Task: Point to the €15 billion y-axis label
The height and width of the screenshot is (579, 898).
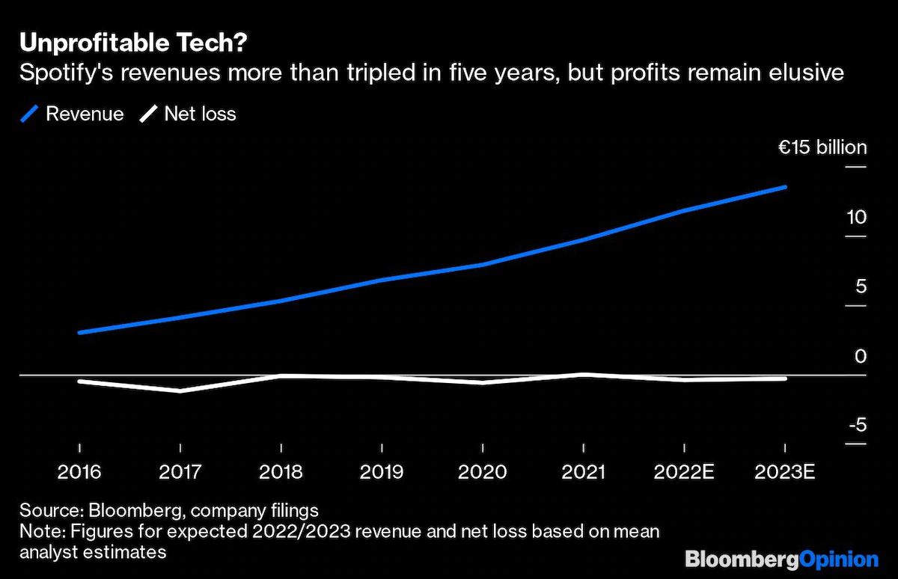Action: point(822,147)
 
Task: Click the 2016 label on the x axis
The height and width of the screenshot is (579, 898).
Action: point(79,472)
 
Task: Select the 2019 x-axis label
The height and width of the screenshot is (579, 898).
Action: point(382,472)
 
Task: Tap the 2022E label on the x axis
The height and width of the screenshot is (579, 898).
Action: point(684,472)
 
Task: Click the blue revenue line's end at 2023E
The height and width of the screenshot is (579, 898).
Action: point(785,186)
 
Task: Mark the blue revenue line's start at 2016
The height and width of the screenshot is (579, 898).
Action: point(79,332)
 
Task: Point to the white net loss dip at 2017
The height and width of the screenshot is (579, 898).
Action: point(180,390)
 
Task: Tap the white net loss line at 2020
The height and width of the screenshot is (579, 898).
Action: point(483,382)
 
